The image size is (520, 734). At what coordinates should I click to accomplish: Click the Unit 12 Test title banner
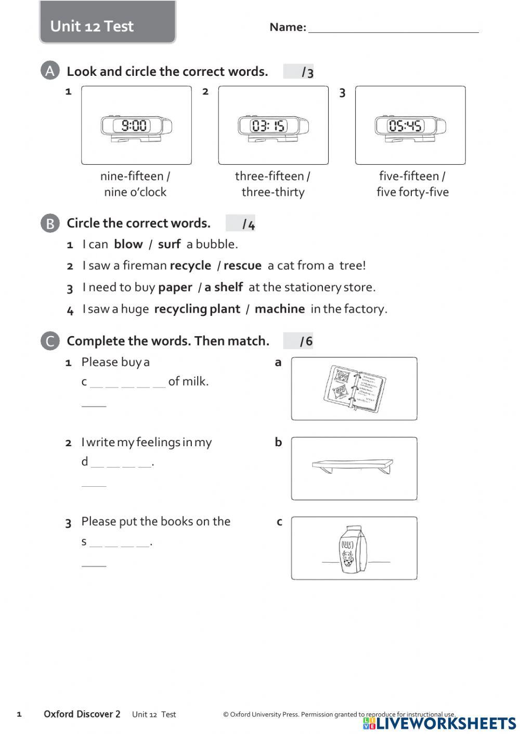click(107, 23)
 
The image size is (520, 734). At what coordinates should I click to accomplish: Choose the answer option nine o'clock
click(135, 192)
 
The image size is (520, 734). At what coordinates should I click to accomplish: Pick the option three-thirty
click(273, 192)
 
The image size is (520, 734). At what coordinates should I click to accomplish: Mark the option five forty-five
click(412, 192)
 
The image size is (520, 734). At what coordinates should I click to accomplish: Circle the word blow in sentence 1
click(128, 244)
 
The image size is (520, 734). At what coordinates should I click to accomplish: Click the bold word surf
click(169, 244)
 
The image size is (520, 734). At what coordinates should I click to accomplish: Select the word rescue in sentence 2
click(242, 265)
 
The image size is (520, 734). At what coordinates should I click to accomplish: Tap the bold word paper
click(175, 287)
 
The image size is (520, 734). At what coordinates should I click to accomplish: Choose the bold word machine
click(280, 309)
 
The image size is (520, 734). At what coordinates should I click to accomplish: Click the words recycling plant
click(197, 309)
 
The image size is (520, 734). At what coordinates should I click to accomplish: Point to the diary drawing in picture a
click(354, 389)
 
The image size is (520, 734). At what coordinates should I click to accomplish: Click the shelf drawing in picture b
click(354, 465)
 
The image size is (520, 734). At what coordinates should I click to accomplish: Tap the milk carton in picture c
click(353, 550)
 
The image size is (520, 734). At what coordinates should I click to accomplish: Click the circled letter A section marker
click(50, 71)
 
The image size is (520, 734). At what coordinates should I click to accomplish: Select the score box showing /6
click(298, 341)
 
